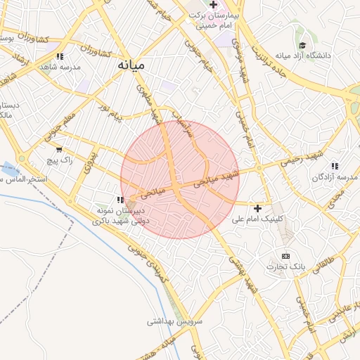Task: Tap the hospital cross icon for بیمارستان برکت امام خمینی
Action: click(x=214, y=4)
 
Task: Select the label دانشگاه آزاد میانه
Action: click(x=303, y=56)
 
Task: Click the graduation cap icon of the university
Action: click(x=302, y=45)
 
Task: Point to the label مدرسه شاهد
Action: click(x=60, y=67)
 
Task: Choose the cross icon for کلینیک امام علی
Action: click(x=258, y=208)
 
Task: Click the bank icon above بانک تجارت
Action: click(x=285, y=256)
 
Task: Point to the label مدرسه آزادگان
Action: click(x=334, y=176)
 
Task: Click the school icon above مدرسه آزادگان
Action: click(x=335, y=166)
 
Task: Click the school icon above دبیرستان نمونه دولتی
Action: click(x=120, y=200)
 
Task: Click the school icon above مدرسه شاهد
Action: click(x=60, y=56)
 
